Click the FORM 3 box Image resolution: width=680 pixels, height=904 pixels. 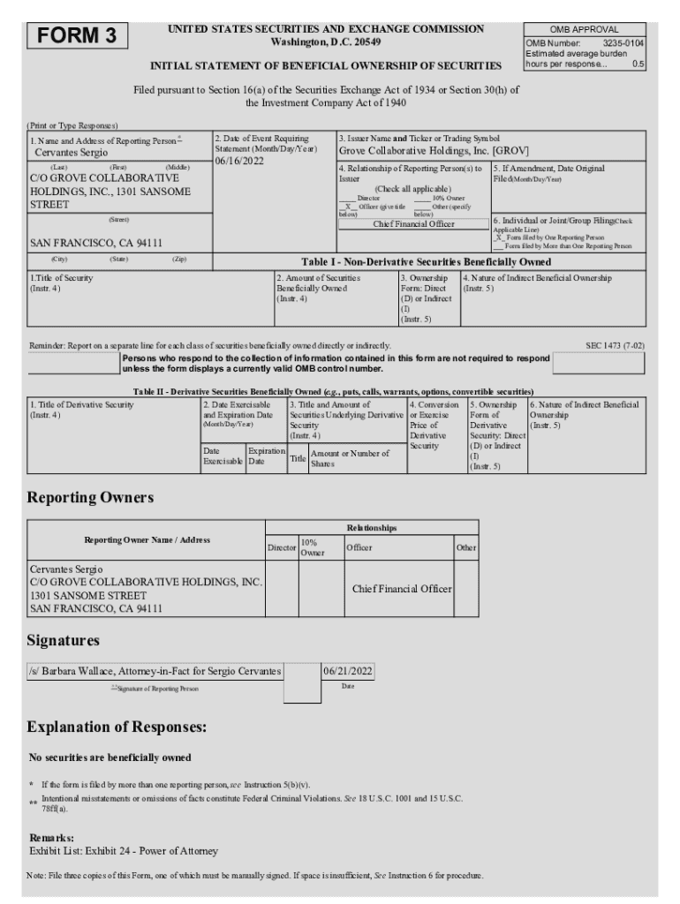[78, 36]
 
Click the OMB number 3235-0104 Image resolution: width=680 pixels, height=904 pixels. [623, 42]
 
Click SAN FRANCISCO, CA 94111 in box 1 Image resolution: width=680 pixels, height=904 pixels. [96, 242]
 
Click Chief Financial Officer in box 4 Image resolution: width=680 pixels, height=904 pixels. [413, 223]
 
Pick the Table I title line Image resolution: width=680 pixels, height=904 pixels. [426, 261]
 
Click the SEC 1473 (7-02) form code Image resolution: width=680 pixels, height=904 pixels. [615, 345]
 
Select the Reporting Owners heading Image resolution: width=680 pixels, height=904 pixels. [90, 498]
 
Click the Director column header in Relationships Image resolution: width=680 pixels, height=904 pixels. [282, 548]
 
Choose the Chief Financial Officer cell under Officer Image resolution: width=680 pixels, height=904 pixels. [402, 589]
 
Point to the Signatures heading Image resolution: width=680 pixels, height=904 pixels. [64, 639]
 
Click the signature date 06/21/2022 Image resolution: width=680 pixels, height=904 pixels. [348, 671]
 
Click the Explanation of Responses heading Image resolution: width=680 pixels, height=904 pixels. [117, 727]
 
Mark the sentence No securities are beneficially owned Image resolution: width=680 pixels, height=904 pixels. [110, 757]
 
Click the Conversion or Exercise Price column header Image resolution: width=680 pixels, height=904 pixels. [434, 426]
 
